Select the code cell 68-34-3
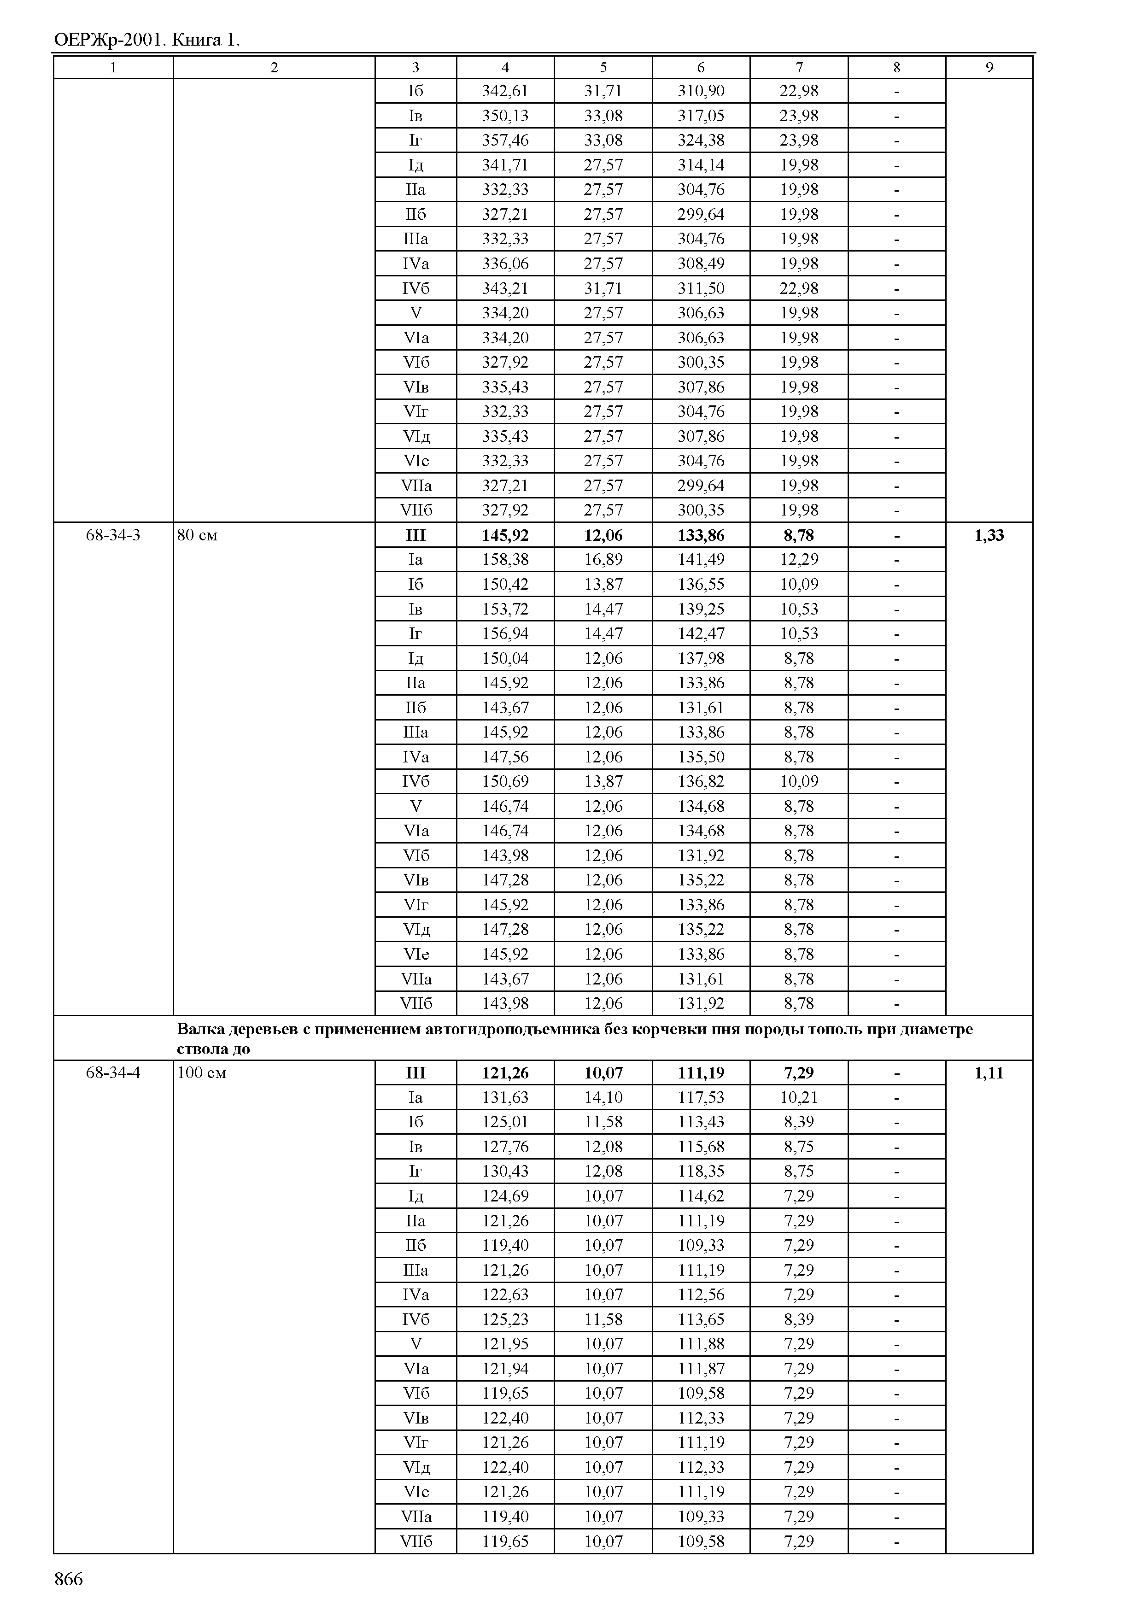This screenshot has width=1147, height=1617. [x=113, y=535]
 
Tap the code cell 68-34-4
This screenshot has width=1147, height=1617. [x=113, y=1072]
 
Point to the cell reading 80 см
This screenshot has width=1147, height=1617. [x=197, y=535]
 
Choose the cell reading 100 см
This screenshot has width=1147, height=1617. [x=201, y=1072]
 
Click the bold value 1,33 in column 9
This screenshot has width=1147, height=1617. [x=989, y=535]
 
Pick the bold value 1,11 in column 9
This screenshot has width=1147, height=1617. [x=989, y=1072]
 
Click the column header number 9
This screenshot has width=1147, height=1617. [x=989, y=67]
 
